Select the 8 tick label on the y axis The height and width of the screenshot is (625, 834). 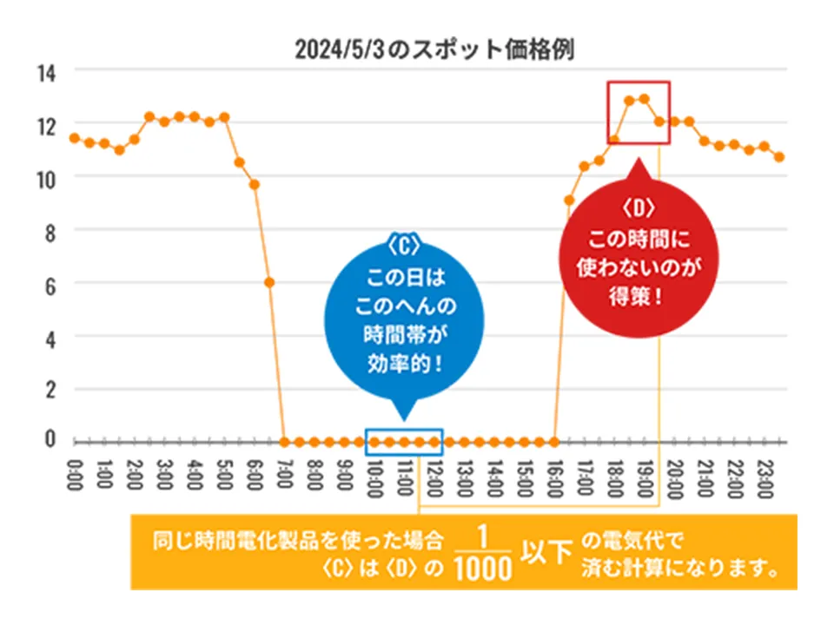[50, 231]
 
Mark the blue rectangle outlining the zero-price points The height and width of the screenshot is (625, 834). [404, 442]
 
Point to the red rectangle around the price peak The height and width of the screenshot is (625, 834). [639, 113]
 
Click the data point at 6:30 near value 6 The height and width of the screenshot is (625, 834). [270, 282]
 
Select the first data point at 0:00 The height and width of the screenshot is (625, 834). [74, 137]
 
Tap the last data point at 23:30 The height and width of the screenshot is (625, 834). [780, 157]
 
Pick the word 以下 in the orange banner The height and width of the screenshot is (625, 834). [546, 555]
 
